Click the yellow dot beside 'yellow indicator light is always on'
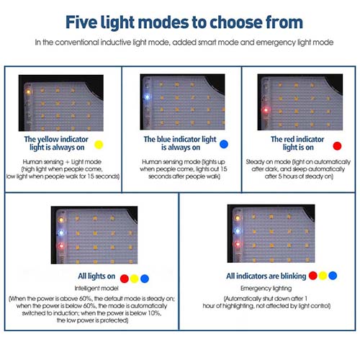99,145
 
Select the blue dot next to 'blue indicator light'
224,144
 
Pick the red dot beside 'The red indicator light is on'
337,146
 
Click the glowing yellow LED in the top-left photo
28,91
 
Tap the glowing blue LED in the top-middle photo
147,97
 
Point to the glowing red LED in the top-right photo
266,110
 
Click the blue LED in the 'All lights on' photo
61,233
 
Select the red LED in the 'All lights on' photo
61,246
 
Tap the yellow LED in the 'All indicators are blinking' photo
238,218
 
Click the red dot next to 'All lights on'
125,279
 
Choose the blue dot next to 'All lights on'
145,279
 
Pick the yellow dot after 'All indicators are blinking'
323,276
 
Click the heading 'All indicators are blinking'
266,276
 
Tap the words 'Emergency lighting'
266,288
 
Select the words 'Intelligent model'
96,288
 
